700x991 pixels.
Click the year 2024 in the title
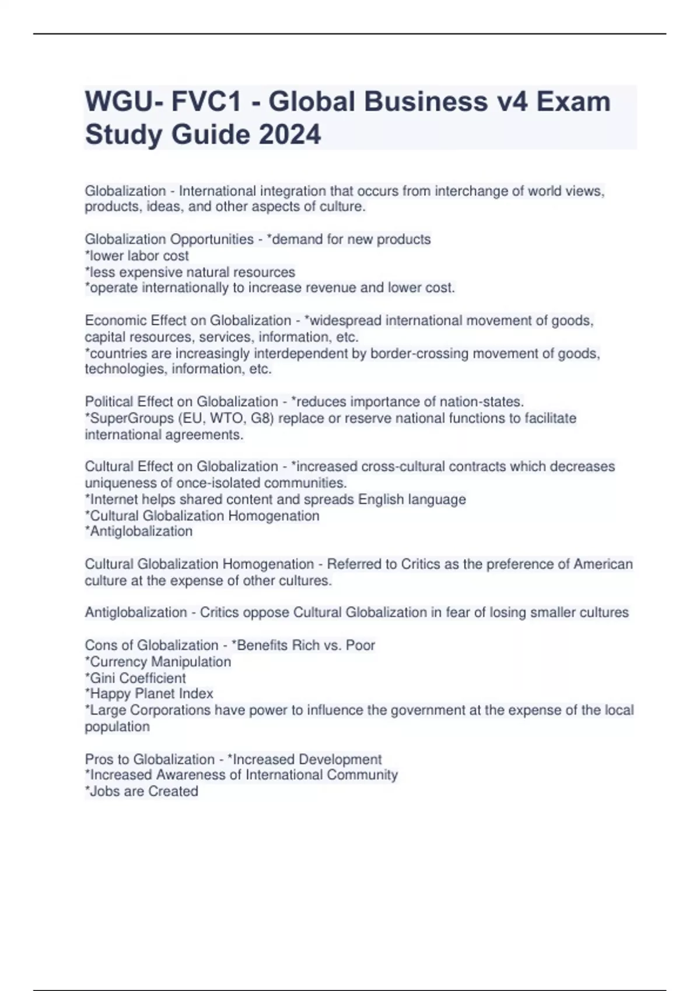pos(289,135)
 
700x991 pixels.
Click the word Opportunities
pos(211,240)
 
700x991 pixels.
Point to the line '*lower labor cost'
pos(136,256)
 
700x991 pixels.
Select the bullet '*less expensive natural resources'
pos(190,272)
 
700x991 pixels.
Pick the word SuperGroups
pos(124,418)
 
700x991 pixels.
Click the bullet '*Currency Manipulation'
pos(157,662)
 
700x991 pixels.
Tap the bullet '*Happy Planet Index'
pos(149,694)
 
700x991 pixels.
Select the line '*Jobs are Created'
pos(141,791)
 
